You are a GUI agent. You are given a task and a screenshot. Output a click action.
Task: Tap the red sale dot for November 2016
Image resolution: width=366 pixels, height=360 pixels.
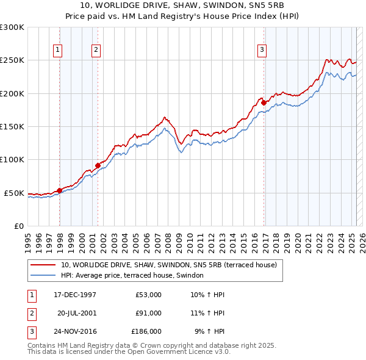(x=264, y=103)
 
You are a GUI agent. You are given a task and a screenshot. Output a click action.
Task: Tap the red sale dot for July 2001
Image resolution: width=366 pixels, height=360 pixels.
(x=98, y=165)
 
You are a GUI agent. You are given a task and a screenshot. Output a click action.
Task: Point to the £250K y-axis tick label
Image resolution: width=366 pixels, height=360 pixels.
(x=12, y=60)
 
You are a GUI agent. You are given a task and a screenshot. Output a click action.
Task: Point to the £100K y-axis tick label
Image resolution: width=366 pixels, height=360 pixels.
(x=12, y=160)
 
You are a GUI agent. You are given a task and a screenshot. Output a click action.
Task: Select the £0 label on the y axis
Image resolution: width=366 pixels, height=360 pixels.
(x=18, y=226)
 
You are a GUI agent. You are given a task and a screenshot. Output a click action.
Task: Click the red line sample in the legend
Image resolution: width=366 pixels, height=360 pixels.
(x=42, y=265)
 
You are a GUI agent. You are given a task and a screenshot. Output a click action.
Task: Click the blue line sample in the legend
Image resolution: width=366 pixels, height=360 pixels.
(x=42, y=276)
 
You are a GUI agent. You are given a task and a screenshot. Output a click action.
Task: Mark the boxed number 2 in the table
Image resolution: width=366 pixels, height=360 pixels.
(x=31, y=313)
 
